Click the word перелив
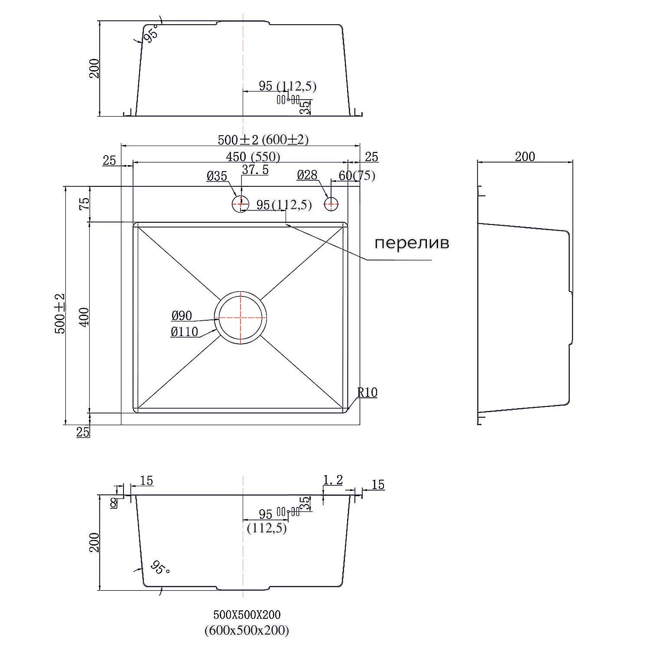click(x=412, y=243)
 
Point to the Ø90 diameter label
click(x=182, y=316)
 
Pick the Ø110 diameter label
click(x=184, y=332)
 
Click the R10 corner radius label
click(x=367, y=393)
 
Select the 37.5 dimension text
click(x=255, y=170)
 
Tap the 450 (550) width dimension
click(x=253, y=156)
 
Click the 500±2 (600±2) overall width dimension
click(x=263, y=140)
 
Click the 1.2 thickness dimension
click(x=333, y=480)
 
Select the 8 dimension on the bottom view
click(x=114, y=503)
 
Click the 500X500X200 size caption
click(x=247, y=614)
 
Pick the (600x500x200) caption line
click(x=247, y=630)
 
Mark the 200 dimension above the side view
click(x=525, y=156)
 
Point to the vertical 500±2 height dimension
click(x=59, y=314)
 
